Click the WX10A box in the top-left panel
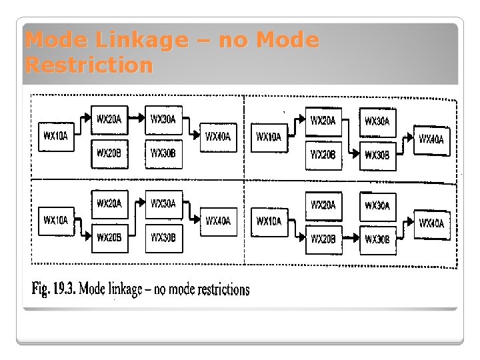tap(56, 137)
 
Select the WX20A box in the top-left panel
tap(109, 120)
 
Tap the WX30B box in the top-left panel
tap(163, 153)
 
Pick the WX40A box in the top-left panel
tap(218, 137)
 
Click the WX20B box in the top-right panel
tap(323, 155)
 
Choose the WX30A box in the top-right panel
tap(377, 122)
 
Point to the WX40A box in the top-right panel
tap(431, 139)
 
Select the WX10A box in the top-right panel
tap(269, 137)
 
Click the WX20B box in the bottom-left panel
tap(109, 238)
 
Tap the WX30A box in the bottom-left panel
tap(163, 204)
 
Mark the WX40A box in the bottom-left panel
tap(218, 221)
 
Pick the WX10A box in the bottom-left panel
tap(56, 221)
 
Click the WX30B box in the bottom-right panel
tap(377, 240)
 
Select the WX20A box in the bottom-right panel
tap(323, 205)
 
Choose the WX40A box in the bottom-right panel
tap(431, 224)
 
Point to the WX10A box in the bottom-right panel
tap(269, 221)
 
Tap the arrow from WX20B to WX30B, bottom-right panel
tap(351, 237)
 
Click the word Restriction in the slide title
tap(89, 65)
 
